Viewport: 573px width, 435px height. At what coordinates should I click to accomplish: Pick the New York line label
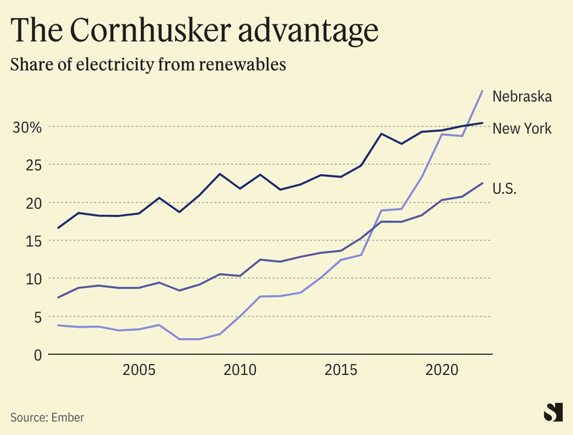point(522,129)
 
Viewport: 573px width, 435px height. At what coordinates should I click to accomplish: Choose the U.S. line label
point(505,189)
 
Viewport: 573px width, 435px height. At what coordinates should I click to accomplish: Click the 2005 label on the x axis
point(138,371)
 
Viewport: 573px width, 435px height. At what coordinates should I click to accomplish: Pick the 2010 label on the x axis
point(240,371)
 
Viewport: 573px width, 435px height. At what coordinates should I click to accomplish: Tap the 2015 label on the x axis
point(341,371)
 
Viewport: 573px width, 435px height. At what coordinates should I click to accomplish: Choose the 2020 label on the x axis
point(442,371)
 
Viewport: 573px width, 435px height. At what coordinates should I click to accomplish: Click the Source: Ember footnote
point(42,416)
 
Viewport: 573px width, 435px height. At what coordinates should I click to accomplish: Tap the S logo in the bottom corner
point(552,413)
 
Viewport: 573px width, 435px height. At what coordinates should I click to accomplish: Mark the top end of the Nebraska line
point(482,91)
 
